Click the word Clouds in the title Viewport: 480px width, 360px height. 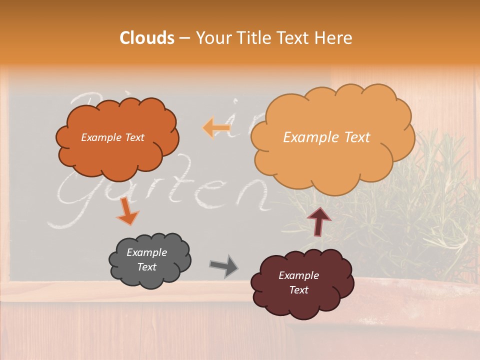point(147,38)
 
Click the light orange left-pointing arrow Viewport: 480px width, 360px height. point(216,128)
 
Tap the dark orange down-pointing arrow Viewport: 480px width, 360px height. point(127,211)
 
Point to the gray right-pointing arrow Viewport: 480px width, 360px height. point(224,266)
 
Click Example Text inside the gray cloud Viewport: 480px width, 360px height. point(147,260)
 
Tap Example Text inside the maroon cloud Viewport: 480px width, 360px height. point(298,283)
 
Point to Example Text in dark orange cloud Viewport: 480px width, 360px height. point(112,137)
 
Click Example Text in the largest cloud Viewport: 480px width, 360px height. point(326,137)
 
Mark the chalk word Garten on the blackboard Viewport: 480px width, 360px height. point(165,192)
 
